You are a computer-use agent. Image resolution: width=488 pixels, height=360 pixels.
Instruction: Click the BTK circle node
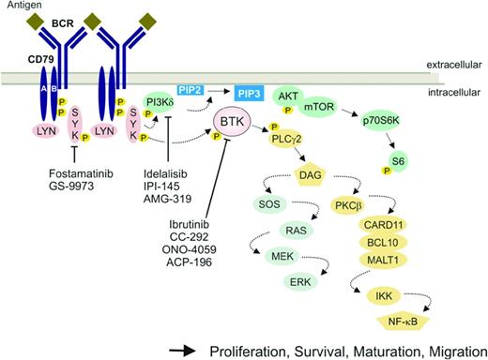pyautogui.click(x=236, y=121)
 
